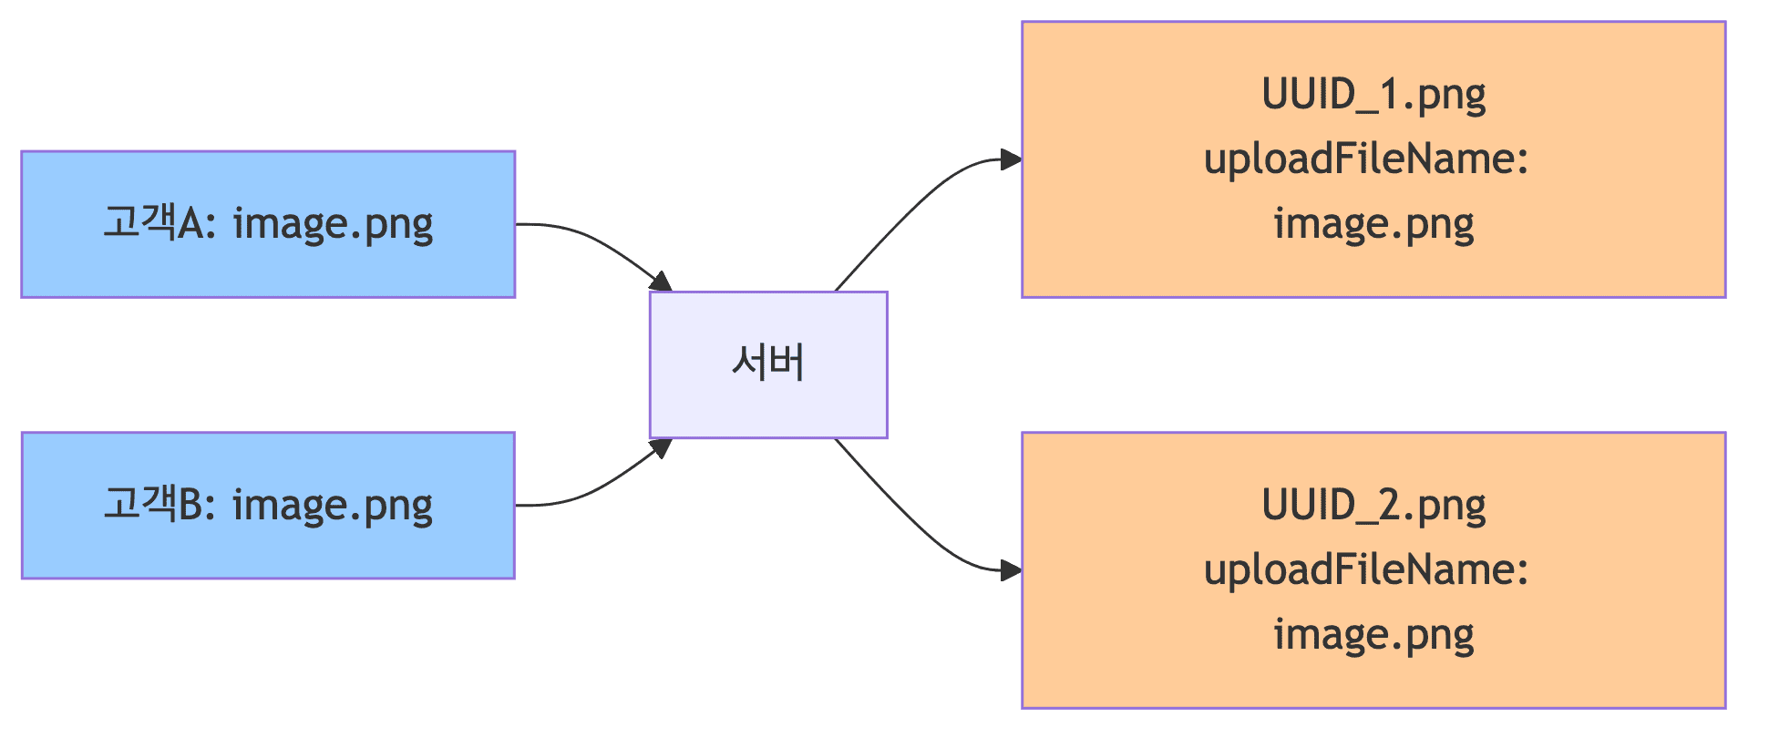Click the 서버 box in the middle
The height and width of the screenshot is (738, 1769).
point(768,364)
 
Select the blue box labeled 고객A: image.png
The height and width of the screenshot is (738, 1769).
point(268,224)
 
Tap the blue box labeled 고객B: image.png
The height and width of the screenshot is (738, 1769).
point(268,506)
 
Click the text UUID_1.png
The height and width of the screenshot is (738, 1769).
point(1373,95)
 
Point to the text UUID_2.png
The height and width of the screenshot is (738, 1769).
point(1373,506)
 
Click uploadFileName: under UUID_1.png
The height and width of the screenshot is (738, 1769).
point(1366,159)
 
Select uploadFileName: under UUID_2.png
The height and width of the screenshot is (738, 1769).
point(1366,570)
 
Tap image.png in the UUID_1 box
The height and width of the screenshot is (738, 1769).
point(1373,224)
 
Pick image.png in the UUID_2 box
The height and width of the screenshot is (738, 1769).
point(1373,635)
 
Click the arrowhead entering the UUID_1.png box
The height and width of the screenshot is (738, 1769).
point(1010,160)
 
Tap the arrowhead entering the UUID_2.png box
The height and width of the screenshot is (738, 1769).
point(1010,571)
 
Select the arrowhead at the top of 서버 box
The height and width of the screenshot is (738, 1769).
point(661,282)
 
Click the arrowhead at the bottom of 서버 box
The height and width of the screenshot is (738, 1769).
point(661,448)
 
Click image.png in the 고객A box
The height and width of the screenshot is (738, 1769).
point(333,224)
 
